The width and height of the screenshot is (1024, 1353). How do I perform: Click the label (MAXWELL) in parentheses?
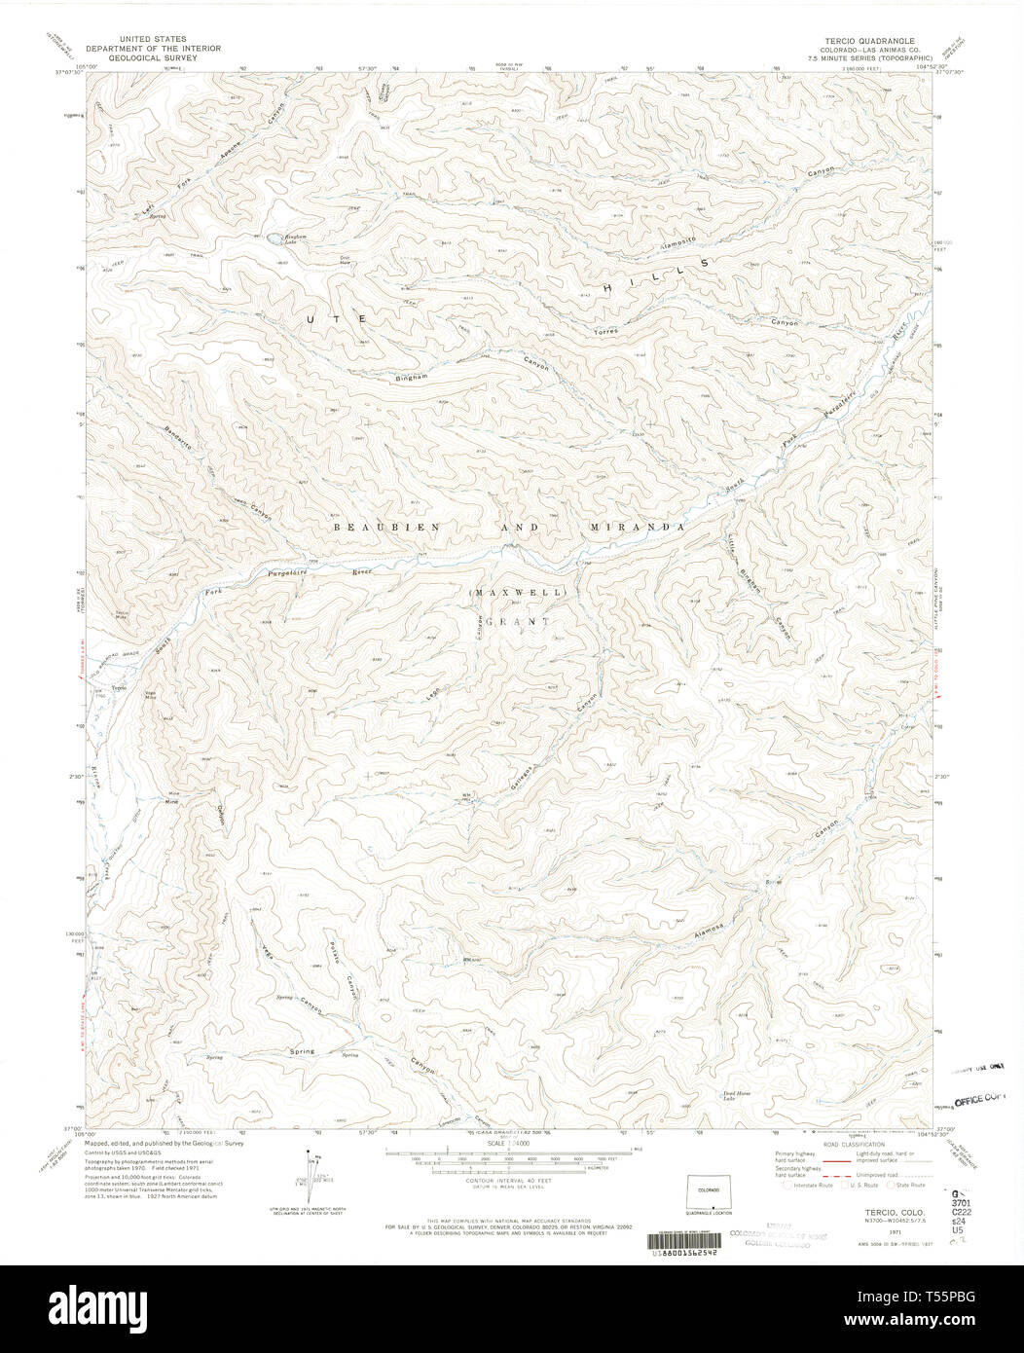[507, 592]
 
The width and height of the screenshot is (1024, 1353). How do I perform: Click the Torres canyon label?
[605, 331]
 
